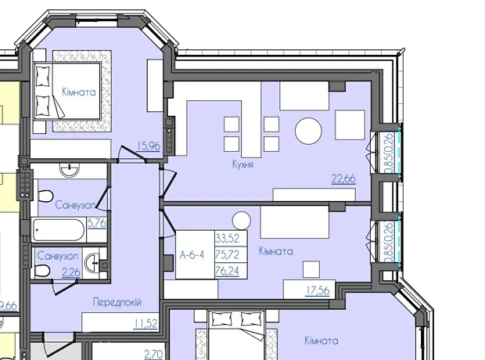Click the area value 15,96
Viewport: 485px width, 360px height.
148,146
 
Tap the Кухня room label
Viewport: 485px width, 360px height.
242,164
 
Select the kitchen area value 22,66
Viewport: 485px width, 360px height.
343,178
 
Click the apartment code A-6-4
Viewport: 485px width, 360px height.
192,255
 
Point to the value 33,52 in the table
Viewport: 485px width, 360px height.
228,239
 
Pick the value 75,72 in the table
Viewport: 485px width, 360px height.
228,254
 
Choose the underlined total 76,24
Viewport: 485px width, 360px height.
228,271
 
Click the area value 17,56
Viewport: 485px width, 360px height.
318,290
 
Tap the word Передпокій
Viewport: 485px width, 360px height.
117,302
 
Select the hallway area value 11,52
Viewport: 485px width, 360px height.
145,324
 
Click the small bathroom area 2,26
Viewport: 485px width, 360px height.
71,272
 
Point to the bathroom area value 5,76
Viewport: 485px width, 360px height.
97,223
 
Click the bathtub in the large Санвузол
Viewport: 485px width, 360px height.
58,230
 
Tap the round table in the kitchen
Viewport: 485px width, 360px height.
308,131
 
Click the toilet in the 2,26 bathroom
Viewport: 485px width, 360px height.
42,271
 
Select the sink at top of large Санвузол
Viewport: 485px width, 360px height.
70,170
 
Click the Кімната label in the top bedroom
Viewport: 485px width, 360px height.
79,92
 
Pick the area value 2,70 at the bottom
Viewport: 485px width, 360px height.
154,354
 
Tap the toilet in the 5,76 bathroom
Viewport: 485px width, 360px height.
45,196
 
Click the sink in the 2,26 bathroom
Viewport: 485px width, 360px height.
92,263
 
